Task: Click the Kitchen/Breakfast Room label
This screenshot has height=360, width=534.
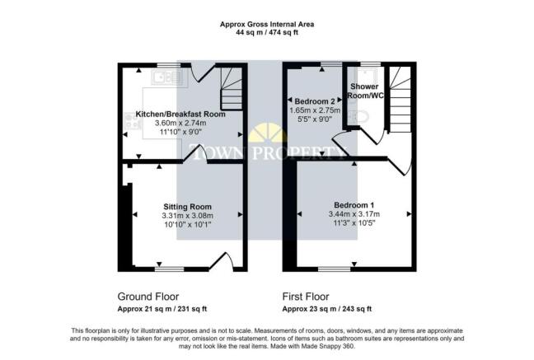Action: coord(180,114)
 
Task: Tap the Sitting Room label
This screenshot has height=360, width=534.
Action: coord(187,206)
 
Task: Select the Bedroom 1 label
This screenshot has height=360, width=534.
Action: coord(354,204)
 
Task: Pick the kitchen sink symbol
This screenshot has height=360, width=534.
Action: coord(167,77)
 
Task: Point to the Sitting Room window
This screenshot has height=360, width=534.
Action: coord(170,268)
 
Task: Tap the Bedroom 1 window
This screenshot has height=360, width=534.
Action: coord(333,268)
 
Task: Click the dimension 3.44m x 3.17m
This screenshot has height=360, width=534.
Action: coord(354,214)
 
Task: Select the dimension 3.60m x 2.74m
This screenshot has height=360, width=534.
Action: coord(180,124)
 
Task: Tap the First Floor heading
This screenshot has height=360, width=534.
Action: coord(306,296)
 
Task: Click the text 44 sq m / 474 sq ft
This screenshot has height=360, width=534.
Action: coord(266,34)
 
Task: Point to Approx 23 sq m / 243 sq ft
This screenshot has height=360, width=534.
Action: coord(327,309)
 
